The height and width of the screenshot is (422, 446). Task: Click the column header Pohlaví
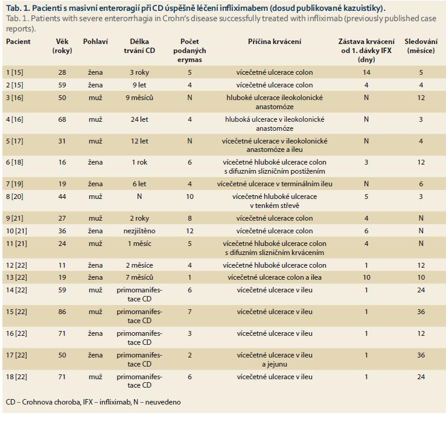(95, 42)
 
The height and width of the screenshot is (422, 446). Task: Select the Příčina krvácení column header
(275, 42)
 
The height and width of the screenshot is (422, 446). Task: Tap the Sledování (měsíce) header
(421, 46)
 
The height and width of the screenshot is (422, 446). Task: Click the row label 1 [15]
(15, 72)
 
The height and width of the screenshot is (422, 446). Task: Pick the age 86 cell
(62, 312)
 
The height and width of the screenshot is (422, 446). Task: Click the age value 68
(62, 119)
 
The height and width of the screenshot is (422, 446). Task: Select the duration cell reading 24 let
(139, 119)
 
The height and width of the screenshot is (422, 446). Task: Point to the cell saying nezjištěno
(139, 231)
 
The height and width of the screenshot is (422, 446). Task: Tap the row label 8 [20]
(15, 197)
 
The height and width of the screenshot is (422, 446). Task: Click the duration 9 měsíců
(139, 98)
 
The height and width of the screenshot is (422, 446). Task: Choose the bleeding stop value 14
(366, 72)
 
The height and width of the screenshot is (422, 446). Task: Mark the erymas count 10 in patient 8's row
(190, 197)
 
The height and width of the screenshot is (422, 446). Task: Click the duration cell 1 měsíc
(139, 244)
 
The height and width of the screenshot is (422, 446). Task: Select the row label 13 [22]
(16, 277)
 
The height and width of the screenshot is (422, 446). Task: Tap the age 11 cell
(62, 265)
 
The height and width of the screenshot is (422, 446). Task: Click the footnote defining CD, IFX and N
(94, 402)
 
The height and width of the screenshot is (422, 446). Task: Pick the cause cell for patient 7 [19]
(275, 184)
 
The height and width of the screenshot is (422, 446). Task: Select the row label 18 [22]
(16, 377)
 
